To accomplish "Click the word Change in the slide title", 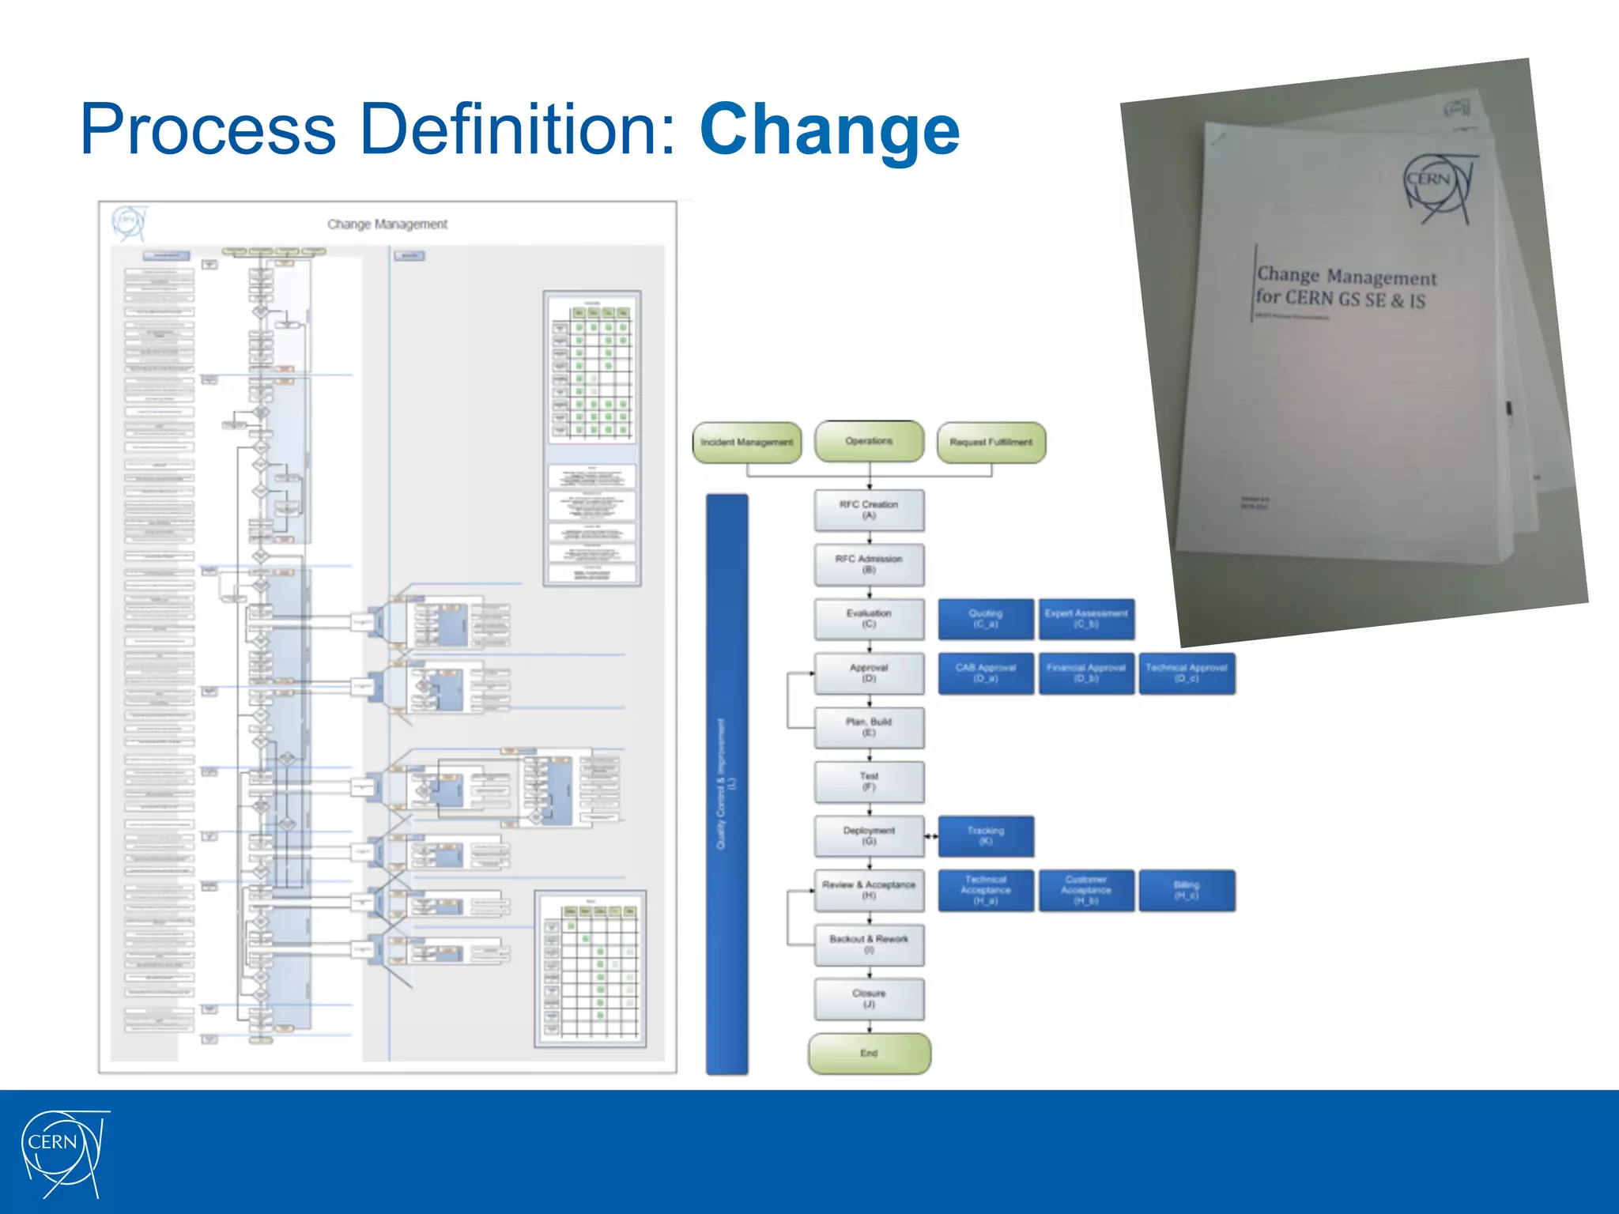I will click(x=829, y=130).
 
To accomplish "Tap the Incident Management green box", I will click(x=747, y=443).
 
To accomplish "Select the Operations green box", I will click(x=869, y=441).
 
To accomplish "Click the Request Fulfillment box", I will click(x=991, y=443).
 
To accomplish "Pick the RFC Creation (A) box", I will click(x=869, y=510).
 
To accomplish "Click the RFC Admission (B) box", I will click(x=869, y=564).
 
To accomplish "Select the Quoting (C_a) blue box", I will click(x=986, y=619).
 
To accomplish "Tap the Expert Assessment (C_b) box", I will click(x=1086, y=619).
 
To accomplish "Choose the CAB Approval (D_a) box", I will click(x=986, y=673).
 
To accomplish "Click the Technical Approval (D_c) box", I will click(x=1187, y=673).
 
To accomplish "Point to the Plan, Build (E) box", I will click(x=869, y=727).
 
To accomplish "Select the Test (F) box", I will click(x=869, y=782).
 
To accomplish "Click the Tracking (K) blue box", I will click(x=986, y=836).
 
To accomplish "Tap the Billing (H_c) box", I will click(x=1187, y=891).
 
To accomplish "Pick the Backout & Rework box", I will click(x=869, y=944).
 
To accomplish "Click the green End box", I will click(x=869, y=1054).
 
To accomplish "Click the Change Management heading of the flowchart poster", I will click(x=387, y=224).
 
